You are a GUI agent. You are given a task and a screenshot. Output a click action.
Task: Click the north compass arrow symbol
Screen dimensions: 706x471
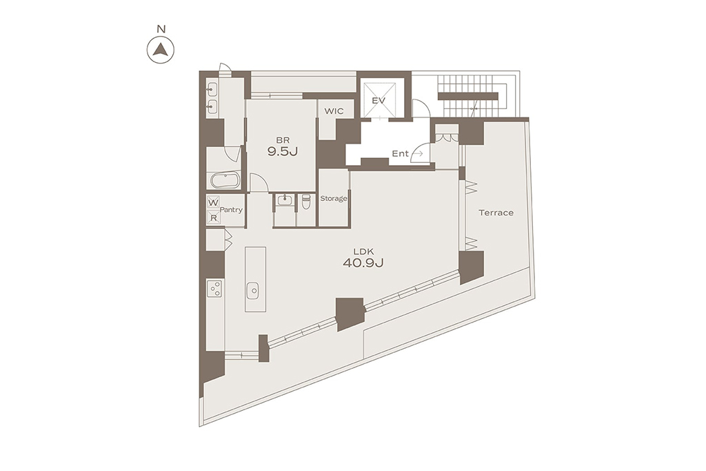pos(160,49)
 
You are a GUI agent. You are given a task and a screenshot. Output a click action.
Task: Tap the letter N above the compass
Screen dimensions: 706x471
pos(161,29)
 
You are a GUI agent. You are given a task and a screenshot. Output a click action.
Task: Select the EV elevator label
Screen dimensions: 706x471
pos(379,101)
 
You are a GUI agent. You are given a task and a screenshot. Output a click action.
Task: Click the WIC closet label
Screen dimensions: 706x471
pos(334,111)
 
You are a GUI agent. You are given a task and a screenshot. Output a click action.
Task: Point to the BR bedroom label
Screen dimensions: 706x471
pos(283,140)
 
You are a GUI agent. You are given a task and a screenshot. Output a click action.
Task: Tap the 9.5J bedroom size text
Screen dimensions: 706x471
pos(283,151)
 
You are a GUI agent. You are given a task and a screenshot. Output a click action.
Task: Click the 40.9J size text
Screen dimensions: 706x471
pos(363,263)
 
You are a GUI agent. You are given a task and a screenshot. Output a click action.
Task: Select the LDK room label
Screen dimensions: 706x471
pos(363,251)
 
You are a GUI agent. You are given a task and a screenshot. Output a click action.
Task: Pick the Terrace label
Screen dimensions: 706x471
pos(496,213)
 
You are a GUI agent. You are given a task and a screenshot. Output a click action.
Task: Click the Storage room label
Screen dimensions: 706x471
pos(334,198)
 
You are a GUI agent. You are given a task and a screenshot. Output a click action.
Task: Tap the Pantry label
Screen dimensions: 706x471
pos(231,210)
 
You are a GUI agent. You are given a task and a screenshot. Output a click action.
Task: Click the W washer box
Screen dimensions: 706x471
pos(214,202)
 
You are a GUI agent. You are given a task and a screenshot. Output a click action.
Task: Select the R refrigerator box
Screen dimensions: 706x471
pos(214,218)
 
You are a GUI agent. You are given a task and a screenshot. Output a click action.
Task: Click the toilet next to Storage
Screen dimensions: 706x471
pos(306,200)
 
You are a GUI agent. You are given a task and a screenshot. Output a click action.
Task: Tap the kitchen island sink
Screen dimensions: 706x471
pos(253,291)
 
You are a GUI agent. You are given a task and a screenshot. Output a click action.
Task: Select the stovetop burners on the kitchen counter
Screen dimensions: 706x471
pos(215,288)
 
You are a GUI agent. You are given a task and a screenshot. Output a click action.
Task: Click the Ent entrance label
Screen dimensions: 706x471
pos(400,153)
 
